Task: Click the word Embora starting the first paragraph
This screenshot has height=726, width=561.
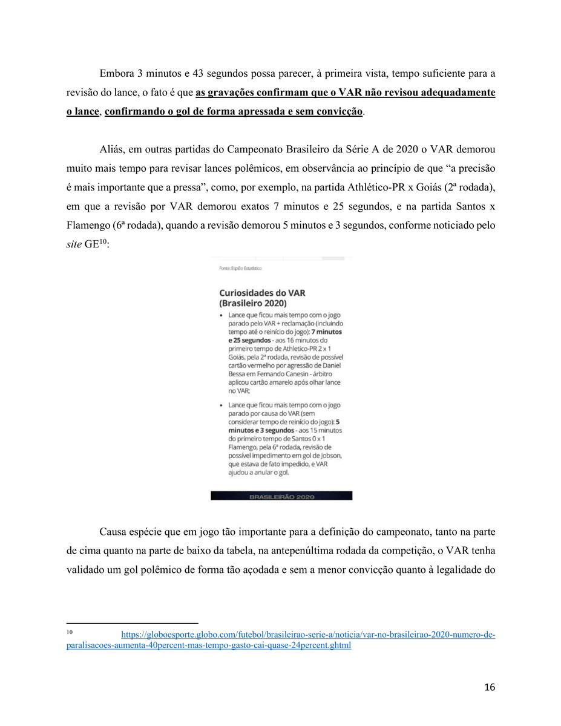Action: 117,75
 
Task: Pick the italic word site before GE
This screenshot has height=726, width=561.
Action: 73,244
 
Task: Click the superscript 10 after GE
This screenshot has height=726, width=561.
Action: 103,241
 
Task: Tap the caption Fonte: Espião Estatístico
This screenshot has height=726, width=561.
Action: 237,267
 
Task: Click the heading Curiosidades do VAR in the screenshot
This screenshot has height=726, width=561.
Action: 261,293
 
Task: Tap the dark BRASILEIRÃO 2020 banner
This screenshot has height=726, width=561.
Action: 281,495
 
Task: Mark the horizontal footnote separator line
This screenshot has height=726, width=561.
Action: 132,623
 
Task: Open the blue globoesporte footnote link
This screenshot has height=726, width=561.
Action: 308,635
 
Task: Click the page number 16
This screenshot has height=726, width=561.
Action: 490,687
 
